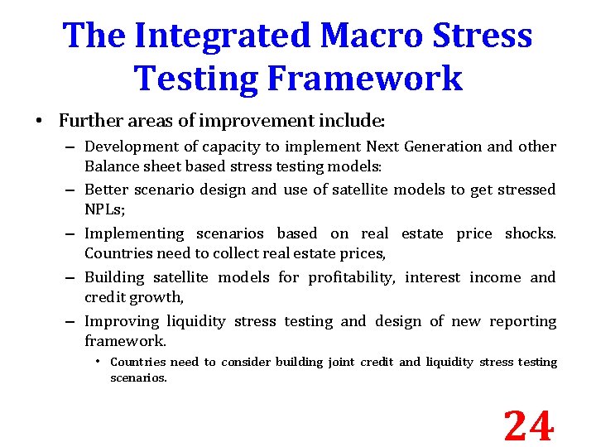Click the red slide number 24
point(528,426)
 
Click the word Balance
point(112,166)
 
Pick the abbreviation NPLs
point(103,209)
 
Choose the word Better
point(107,190)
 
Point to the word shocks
point(530,233)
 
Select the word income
point(495,277)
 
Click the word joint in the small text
point(341,362)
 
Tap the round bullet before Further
point(40,122)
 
